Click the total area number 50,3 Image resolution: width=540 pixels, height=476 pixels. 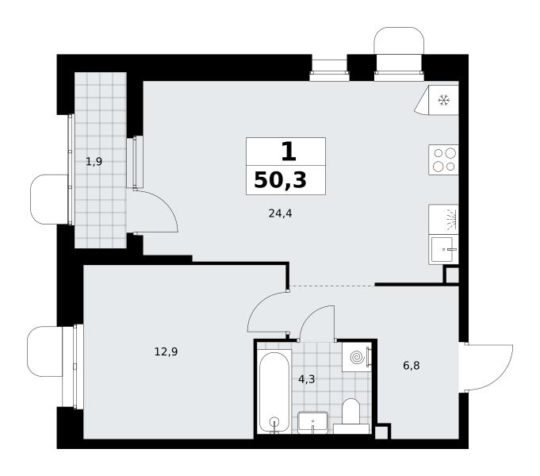point(280,180)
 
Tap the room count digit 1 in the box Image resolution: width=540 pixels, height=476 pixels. point(289,152)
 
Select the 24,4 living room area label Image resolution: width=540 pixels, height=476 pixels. point(280,213)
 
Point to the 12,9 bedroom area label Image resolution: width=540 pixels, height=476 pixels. point(166,352)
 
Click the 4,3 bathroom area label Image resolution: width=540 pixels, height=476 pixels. point(307,379)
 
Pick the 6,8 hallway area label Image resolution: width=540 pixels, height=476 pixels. point(412,366)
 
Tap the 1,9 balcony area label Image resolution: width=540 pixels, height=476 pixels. point(94,161)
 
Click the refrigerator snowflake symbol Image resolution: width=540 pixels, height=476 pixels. point(444,100)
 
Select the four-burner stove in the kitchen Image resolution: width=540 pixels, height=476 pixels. point(443,159)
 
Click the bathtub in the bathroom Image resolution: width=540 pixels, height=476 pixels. point(274,392)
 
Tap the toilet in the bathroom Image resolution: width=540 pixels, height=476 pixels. point(351,416)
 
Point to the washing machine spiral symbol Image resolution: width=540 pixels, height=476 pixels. point(357,357)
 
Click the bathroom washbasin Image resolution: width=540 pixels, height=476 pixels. point(312,422)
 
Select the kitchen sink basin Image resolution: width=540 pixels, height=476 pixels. point(443,249)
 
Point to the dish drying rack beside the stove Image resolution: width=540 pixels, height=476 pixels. point(443,219)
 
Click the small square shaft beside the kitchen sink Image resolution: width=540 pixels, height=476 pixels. point(451,274)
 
